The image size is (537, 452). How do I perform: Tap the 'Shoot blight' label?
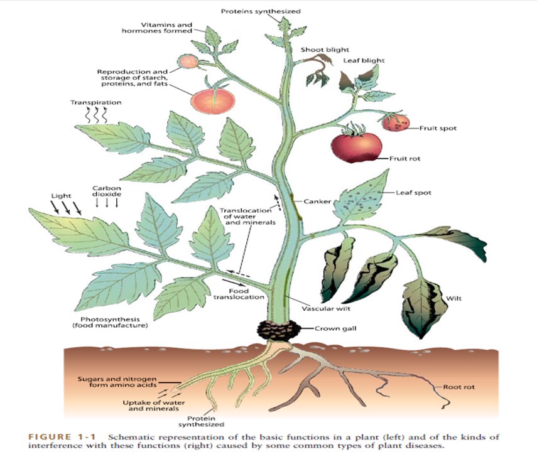click(325, 50)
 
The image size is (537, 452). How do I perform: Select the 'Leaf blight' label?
click(364, 61)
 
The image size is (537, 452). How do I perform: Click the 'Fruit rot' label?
click(404, 159)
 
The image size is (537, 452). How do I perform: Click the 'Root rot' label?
click(458, 387)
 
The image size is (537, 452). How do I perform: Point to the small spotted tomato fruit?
click(396, 122)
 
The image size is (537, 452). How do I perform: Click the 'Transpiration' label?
click(96, 102)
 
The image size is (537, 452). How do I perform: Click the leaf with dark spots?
click(361, 200)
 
